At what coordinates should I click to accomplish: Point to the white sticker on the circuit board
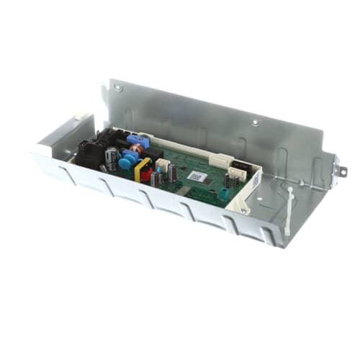197,175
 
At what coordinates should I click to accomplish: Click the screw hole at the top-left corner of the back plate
117,89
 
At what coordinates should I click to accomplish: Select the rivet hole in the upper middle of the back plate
255,122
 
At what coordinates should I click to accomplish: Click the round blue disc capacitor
125,163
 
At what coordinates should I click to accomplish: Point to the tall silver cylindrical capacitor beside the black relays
111,158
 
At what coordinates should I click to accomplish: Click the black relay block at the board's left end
91,152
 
